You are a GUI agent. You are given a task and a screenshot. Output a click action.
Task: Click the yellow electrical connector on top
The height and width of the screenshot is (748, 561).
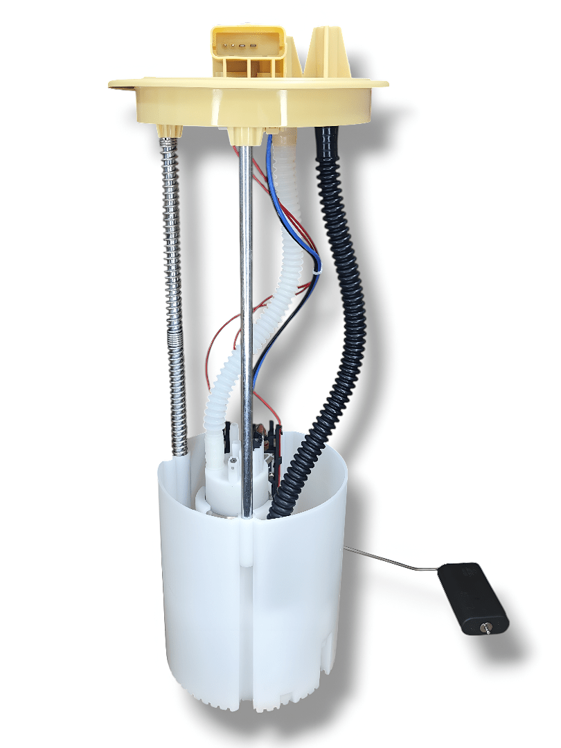point(247,48)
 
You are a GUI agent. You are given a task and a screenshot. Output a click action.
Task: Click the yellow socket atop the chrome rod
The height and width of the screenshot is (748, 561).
point(244,135)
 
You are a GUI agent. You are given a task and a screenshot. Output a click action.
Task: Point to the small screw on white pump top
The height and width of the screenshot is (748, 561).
point(233,459)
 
